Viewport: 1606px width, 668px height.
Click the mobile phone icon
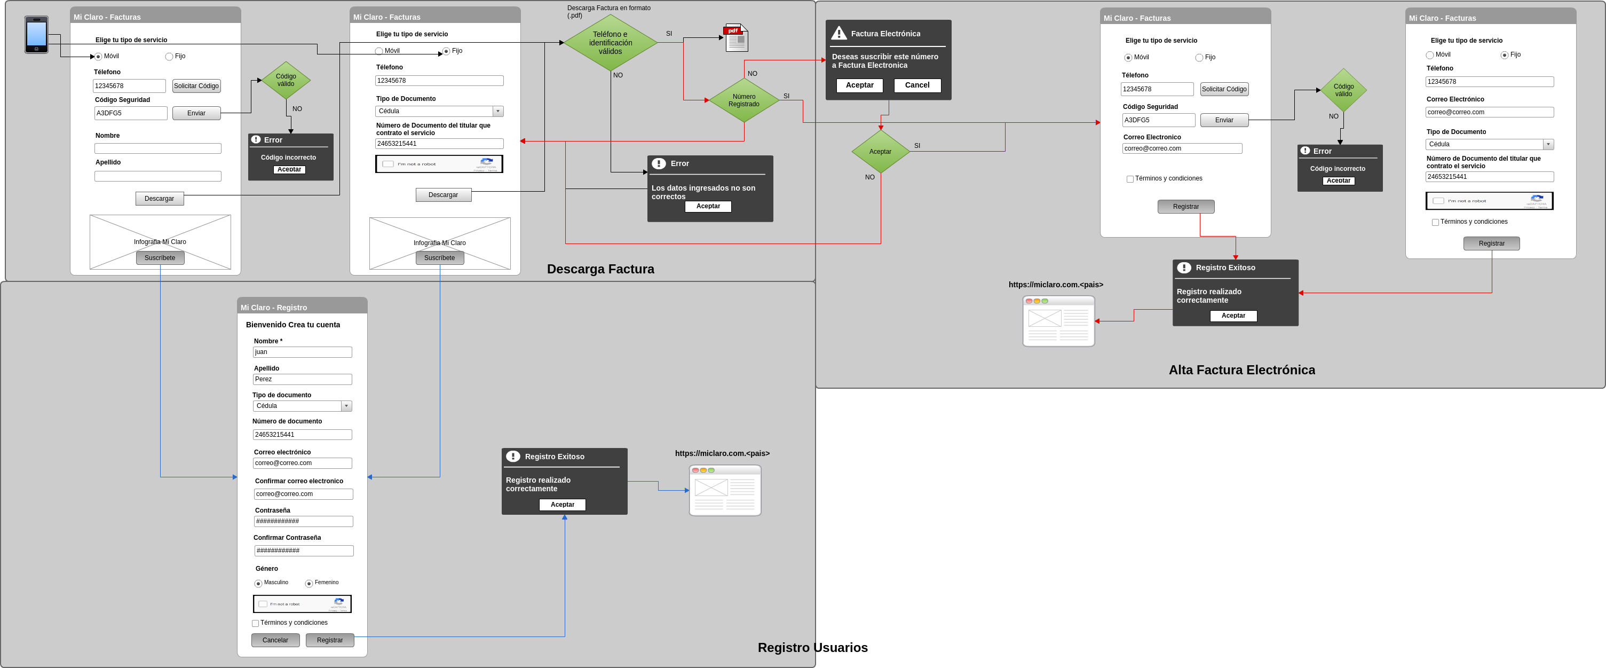36,34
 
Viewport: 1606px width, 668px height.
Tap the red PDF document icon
735,38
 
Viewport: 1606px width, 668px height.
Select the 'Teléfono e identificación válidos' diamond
611,42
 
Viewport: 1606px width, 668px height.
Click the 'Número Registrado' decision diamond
744,100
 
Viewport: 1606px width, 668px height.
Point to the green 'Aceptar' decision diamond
880,152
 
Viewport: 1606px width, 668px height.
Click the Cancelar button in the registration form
275,640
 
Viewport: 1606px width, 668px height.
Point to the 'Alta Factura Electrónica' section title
1241,370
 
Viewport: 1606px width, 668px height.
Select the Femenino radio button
308,584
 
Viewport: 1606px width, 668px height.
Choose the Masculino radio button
258,584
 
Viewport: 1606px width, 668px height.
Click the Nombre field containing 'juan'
303,352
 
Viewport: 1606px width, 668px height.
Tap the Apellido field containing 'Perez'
303,379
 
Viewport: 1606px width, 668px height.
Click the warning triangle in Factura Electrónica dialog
838,34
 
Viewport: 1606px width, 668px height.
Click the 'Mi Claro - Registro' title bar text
274,308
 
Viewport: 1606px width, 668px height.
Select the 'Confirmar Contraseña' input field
304,551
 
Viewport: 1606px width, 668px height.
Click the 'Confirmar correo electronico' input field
304,494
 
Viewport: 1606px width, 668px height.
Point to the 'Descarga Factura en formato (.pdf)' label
608,11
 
